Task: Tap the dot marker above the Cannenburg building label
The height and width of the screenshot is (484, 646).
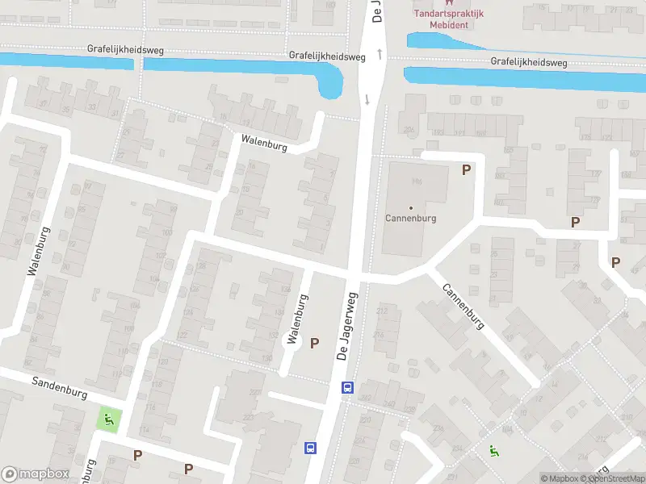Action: tap(411, 208)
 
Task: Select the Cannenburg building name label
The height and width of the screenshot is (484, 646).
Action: tap(411, 219)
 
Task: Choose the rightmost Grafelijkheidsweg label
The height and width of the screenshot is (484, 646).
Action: tap(529, 62)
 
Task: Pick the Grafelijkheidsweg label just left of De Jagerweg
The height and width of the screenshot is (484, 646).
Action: tap(327, 56)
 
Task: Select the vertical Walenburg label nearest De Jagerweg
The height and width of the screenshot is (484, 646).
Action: tap(296, 319)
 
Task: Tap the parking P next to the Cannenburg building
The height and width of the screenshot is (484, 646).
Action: tap(465, 169)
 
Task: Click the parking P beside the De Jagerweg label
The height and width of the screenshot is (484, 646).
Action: tap(315, 343)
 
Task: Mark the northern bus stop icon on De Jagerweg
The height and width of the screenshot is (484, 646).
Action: tap(347, 388)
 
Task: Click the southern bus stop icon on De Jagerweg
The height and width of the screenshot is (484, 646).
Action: tap(310, 447)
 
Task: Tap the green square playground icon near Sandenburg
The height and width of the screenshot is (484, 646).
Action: tap(108, 419)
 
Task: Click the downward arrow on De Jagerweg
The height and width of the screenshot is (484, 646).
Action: tap(367, 100)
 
